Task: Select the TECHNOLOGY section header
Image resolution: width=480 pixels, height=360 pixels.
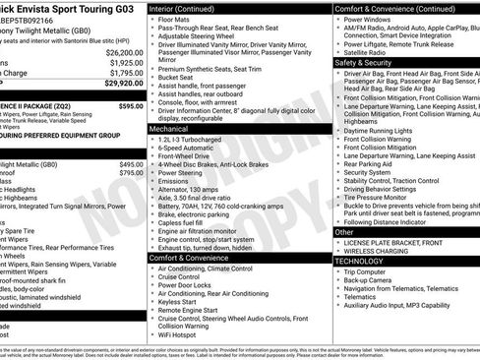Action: coord(360,261)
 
